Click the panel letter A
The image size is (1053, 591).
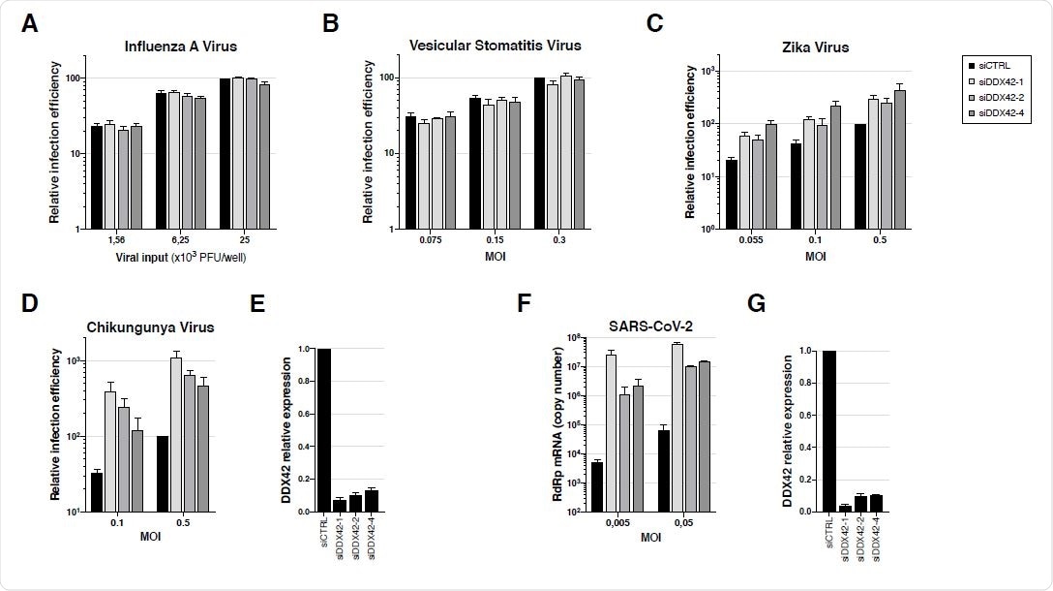[31, 24]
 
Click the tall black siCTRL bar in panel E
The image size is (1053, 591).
[323, 430]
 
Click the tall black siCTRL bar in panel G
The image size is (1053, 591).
[831, 430]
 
